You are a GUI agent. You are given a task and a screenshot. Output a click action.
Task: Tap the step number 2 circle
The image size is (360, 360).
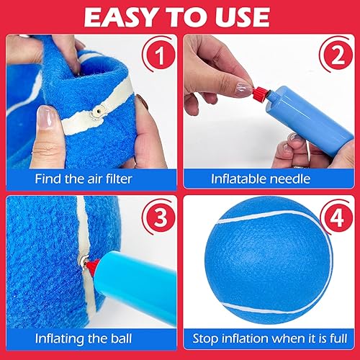334,53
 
